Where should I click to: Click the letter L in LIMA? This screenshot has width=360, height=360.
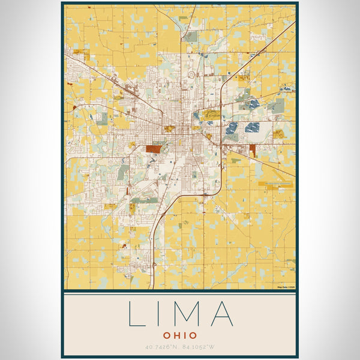(x=136, y=313)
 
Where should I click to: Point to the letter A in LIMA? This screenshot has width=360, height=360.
(x=220, y=313)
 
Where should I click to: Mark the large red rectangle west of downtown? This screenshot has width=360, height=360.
(x=154, y=148)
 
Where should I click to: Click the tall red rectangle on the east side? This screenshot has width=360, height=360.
(x=252, y=151)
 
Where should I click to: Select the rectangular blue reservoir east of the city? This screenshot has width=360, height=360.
(x=253, y=127)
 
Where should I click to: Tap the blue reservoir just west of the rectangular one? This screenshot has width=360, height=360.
(x=232, y=128)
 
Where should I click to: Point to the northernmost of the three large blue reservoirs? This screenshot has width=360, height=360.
(x=254, y=104)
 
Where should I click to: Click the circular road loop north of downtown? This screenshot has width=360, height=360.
(x=191, y=75)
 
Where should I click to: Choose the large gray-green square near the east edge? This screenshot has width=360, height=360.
(x=276, y=106)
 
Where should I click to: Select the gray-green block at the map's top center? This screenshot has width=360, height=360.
(x=190, y=37)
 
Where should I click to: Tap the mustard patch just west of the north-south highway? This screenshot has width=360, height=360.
(x=211, y=114)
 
